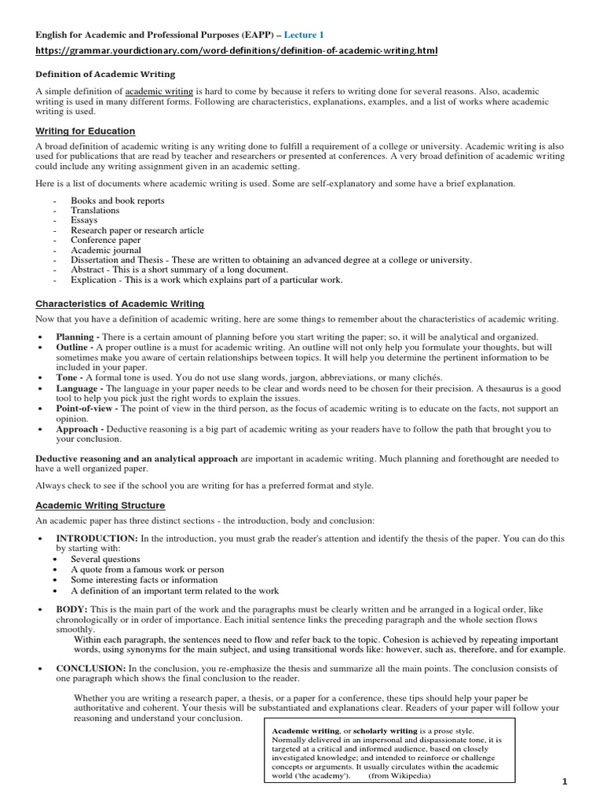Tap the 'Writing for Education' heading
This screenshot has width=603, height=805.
(85, 131)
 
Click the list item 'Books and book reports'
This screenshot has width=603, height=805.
(118, 200)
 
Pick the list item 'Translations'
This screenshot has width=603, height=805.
(95, 211)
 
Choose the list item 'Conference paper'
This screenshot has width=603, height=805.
(106, 240)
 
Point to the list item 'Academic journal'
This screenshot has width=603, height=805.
(106, 250)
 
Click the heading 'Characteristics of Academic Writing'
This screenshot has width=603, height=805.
(119, 303)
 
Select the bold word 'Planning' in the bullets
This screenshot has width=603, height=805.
(75, 336)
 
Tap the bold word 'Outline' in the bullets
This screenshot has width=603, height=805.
(73, 347)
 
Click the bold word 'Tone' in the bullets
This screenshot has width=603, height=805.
(67, 377)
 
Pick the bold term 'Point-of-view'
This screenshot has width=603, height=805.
(87, 409)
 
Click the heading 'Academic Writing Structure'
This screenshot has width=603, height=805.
(100, 505)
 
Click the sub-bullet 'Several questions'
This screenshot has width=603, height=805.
(106, 559)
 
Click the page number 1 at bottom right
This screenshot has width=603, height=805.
(585, 781)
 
